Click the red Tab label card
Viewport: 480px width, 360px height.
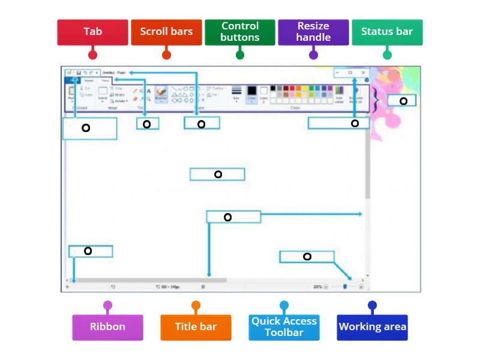[x=92, y=32]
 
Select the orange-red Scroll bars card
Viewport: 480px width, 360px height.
[x=166, y=32]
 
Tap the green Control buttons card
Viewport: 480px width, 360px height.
[x=240, y=32]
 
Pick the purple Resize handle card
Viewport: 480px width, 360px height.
[x=313, y=32]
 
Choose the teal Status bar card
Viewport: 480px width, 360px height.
[x=387, y=32]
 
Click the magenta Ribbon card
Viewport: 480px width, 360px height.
[x=108, y=327]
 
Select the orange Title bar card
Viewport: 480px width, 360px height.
[x=196, y=327]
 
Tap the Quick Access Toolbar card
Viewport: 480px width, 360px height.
[x=284, y=327]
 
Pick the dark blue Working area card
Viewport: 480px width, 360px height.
[x=372, y=327]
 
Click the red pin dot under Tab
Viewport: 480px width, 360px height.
[x=92, y=55]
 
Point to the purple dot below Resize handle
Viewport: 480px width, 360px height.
[x=313, y=55]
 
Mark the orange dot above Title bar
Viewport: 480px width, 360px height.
[x=196, y=305]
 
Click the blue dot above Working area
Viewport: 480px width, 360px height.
[x=372, y=305]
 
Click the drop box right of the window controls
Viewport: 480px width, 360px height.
[x=402, y=101]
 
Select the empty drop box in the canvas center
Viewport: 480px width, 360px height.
[x=217, y=175]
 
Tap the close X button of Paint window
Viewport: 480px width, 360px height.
[x=363, y=73]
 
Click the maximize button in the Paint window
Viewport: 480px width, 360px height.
[x=350, y=73]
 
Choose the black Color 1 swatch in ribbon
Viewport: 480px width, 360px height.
[x=251, y=91]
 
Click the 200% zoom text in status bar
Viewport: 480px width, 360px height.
[x=317, y=287]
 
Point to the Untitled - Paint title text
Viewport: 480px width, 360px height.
[x=113, y=73]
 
